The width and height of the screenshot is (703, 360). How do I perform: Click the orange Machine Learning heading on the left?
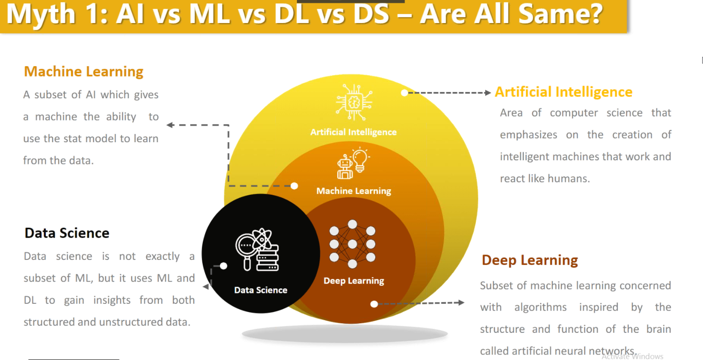click(x=84, y=72)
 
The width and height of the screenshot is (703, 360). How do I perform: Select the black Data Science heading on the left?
click(x=67, y=233)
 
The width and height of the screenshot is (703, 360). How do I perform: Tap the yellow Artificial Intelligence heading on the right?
click(x=564, y=92)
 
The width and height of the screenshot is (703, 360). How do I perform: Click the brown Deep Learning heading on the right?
click(x=530, y=260)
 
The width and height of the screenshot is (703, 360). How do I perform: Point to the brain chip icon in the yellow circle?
click(x=354, y=102)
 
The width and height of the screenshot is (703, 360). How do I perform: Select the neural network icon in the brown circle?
click(x=352, y=244)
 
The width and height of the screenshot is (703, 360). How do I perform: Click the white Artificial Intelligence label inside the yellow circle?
click(x=354, y=132)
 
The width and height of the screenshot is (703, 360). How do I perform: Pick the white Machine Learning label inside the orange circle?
click(x=354, y=191)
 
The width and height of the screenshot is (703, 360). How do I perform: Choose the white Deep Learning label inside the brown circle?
click(x=354, y=281)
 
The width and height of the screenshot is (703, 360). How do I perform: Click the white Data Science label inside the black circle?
click(x=261, y=290)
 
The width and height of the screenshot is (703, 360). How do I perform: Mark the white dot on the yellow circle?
click(x=404, y=93)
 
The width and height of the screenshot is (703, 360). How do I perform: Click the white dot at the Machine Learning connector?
click(x=294, y=186)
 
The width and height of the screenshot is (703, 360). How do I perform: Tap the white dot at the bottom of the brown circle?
click(x=374, y=304)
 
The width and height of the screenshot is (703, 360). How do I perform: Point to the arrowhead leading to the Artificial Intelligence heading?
click(x=488, y=93)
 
